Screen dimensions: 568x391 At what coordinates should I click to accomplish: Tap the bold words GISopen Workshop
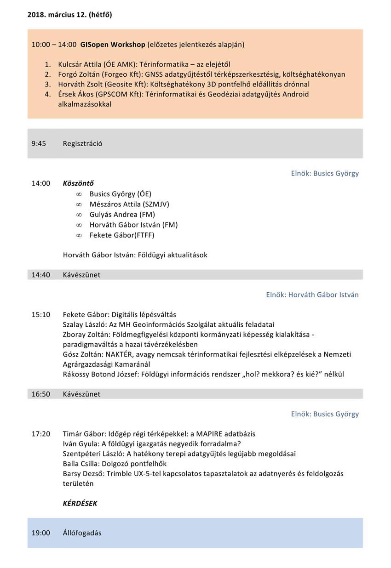[x=113, y=45]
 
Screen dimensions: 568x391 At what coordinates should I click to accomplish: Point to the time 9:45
[x=39, y=143]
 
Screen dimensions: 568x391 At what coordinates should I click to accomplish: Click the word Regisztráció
[x=82, y=143]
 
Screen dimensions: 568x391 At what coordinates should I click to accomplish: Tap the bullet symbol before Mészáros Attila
[x=79, y=204]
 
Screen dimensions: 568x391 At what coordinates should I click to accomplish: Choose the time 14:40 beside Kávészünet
[x=40, y=275]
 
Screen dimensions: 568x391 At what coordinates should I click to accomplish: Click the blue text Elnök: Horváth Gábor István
[x=312, y=295]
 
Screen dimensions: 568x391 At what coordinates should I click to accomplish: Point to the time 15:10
[x=40, y=315]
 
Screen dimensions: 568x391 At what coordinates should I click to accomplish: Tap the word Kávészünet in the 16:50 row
[x=81, y=394]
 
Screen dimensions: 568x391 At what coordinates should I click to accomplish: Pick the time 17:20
[x=40, y=434]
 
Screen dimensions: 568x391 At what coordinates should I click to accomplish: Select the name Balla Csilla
[x=80, y=464]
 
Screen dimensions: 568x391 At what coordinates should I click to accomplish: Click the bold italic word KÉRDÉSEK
[x=80, y=503]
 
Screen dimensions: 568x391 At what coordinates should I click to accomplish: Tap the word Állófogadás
[x=82, y=533]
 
